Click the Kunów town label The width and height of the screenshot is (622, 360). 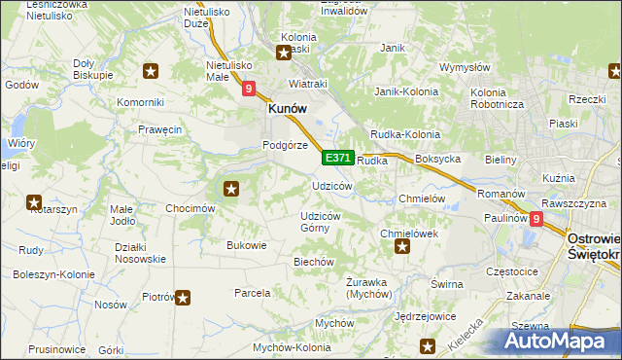pyautogui.click(x=288, y=110)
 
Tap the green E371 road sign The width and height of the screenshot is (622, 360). pyautogui.click(x=337, y=158)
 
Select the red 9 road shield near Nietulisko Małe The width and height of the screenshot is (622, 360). pyautogui.click(x=249, y=89)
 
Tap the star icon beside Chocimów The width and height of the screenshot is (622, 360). pyautogui.click(x=230, y=189)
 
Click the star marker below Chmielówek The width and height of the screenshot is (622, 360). pyautogui.click(x=402, y=248)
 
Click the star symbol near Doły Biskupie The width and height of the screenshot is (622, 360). pyautogui.click(x=151, y=70)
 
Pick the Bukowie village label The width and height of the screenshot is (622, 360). pyautogui.click(x=246, y=245)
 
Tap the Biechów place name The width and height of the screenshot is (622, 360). pyautogui.click(x=314, y=262)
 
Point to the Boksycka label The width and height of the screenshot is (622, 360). pyautogui.click(x=436, y=158)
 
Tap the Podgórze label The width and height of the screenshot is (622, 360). pyautogui.click(x=285, y=145)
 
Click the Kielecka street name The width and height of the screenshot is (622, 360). pyautogui.click(x=466, y=338)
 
